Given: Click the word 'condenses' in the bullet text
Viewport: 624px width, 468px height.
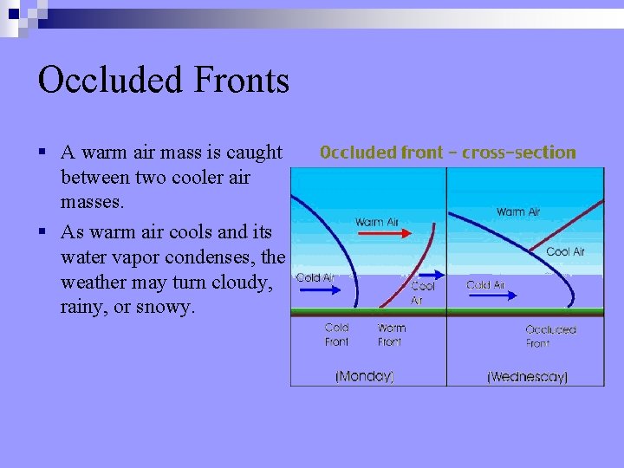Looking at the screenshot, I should [213, 257].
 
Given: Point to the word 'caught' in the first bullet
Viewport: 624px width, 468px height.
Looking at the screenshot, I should [253, 153].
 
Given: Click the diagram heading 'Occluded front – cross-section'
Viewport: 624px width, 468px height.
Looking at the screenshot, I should [447, 153].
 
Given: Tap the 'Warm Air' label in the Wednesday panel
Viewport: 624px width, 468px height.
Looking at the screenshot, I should [518, 211].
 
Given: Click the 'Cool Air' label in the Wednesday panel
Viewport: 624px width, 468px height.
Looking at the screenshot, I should [565, 251].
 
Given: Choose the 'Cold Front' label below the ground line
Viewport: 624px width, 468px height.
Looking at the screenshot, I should [336, 335].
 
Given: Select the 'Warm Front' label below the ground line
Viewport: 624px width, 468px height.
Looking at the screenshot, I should [391, 335].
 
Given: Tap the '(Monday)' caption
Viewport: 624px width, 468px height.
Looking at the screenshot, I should [364, 376].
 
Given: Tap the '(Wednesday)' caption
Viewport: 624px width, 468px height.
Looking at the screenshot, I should [527, 376].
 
